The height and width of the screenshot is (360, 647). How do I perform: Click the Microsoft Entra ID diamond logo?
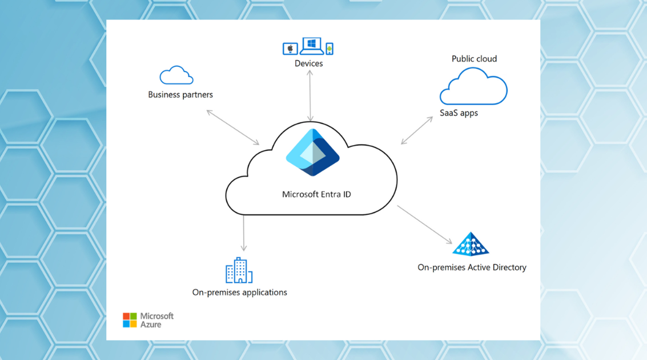(313, 153)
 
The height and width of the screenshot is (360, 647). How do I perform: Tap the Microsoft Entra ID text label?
(316, 194)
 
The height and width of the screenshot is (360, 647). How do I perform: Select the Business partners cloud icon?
(176, 75)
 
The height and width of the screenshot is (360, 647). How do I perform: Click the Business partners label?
(180, 95)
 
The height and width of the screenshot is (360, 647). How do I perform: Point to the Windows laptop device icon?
(312, 46)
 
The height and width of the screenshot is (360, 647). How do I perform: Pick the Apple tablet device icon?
(290, 49)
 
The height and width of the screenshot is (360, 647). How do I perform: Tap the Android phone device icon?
(329, 49)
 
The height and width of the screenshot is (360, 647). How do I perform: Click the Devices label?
(308, 63)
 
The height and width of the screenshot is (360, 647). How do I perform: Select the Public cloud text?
(474, 59)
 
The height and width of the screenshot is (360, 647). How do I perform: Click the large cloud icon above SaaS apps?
(473, 87)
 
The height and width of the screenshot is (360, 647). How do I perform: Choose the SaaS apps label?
(459, 113)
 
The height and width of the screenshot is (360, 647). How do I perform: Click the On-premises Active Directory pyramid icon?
(471, 245)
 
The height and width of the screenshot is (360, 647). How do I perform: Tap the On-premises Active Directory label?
(472, 267)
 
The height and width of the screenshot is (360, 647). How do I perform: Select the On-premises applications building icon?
(239, 270)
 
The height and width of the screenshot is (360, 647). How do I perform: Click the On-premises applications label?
(239, 293)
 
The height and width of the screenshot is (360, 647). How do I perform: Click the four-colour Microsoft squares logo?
(130, 320)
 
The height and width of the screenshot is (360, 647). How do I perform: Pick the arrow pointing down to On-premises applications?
(244, 233)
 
